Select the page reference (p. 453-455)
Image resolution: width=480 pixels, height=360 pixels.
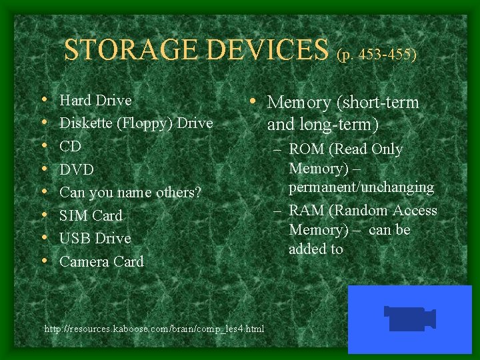click(x=377, y=54)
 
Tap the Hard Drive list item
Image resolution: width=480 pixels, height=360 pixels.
click(x=95, y=100)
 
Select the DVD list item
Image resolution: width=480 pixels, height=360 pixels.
click(x=77, y=169)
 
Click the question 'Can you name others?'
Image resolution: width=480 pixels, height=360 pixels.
click(x=130, y=193)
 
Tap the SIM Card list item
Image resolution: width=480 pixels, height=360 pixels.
click(x=91, y=215)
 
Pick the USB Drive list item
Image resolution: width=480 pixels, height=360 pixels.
click(x=95, y=238)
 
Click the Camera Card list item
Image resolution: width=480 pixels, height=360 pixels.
click(x=101, y=261)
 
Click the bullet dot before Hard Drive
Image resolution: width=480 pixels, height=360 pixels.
click(x=44, y=101)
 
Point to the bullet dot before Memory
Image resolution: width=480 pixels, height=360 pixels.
click(x=256, y=102)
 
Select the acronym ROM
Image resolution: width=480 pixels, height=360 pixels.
click(x=308, y=149)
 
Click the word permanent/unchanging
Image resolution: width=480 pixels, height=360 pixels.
click(x=361, y=187)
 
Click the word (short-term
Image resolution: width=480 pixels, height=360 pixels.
click(x=377, y=103)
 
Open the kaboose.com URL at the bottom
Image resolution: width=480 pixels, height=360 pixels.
click(x=154, y=329)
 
